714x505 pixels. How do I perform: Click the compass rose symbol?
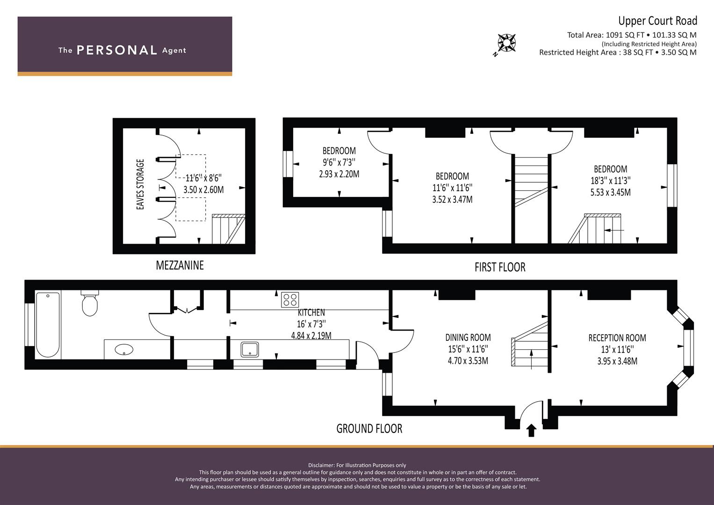[506, 43]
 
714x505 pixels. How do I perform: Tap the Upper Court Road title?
[657, 21]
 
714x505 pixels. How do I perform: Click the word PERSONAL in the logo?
[117, 50]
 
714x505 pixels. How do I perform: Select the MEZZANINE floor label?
[180, 265]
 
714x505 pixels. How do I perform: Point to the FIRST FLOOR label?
[500, 267]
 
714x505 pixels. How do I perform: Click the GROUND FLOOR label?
[369, 428]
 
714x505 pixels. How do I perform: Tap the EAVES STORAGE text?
[140, 184]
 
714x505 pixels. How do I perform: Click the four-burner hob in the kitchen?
[290, 300]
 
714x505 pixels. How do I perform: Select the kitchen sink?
[250, 349]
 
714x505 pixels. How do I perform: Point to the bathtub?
[48, 325]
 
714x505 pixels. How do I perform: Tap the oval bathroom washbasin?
[124, 349]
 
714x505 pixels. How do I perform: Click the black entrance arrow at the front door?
[531, 430]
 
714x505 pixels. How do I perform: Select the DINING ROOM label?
[468, 337]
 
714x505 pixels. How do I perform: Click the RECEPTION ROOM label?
[617, 338]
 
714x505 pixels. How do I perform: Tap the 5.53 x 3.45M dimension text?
[610, 192]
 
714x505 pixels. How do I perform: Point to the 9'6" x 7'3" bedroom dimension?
[339, 162]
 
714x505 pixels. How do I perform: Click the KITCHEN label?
[311, 312]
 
